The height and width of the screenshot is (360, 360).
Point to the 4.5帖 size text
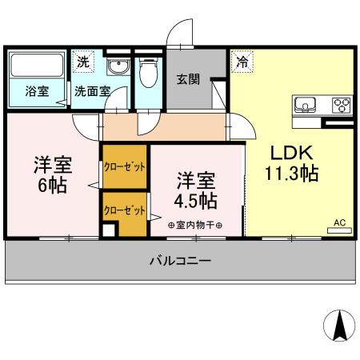tap(196, 198)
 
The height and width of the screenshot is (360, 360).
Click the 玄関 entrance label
tap(188, 79)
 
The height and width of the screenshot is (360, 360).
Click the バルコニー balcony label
tap(180, 261)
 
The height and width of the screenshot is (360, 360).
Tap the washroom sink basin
tap(118, 67)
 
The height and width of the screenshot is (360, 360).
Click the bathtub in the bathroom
tap(37, 64)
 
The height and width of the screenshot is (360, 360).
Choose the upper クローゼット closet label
tap(124, 167)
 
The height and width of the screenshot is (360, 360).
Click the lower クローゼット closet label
tap(124, 211)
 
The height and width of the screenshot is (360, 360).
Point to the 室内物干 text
tap(195, 225)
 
